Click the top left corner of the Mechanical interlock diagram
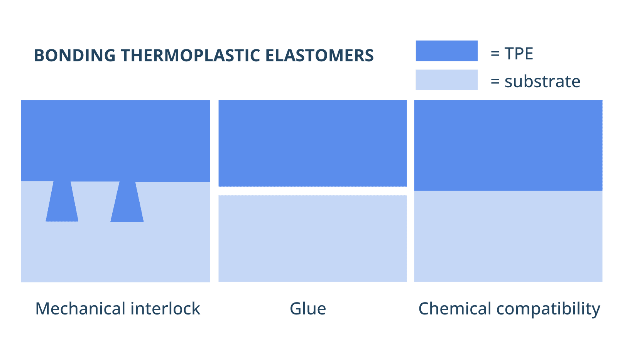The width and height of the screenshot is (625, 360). (21, 100)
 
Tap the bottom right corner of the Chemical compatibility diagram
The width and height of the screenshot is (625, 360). (602, 282)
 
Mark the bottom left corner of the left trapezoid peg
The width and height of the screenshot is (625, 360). (46, 221)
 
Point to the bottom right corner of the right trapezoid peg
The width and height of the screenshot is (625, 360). (144, 222)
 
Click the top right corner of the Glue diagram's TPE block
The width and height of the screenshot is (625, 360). (407, 100)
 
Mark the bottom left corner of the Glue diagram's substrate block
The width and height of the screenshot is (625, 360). (218, 282)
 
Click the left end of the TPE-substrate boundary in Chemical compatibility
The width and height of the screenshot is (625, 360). (414, 191)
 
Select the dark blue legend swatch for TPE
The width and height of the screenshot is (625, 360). (447, 51)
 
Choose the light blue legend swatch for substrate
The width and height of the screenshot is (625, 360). (447, 80)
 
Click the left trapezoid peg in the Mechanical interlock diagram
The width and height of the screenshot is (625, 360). (62, 201)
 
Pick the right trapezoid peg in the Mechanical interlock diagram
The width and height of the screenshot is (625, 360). (127, 202)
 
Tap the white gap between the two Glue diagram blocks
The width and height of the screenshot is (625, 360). (312, 191)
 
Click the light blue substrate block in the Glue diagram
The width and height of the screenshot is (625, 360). (312, 238)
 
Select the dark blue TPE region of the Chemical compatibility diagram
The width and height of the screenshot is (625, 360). (508, 145)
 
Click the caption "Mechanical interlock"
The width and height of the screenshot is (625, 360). (118, 309)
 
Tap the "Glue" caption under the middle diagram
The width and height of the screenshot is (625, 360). (308, 309)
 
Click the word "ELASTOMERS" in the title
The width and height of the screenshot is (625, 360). (319, 55)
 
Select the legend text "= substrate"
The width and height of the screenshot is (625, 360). (535, 81)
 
